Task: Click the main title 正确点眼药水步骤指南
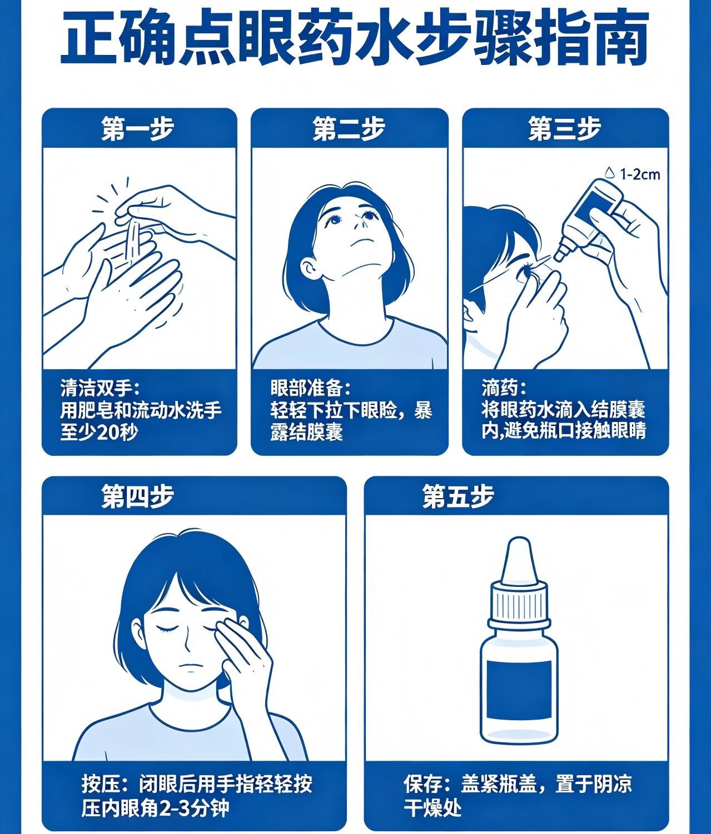(x=354, y=39)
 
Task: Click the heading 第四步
(x=138, y=496)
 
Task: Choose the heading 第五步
(x=458, y=496)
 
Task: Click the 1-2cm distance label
(x=640, y=174)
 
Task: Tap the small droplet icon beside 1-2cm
(x=610, y=173)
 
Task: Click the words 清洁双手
(x=96, y=389)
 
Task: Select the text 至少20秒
(x=100, y=432)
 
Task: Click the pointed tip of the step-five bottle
(x=519, y=540)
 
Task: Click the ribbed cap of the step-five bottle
(x=519, y=601)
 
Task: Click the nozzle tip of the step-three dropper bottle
(x=558, y=257)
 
